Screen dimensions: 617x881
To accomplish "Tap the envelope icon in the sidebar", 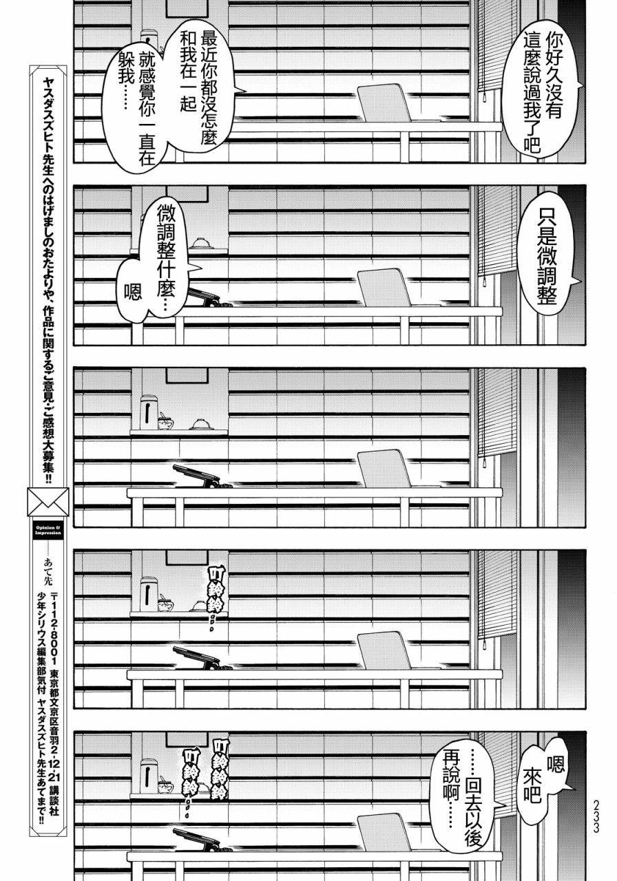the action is pyautogui.click(x=48, y=502).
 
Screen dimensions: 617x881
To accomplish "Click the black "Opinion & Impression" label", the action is pyautogui.click(x=48, y=530).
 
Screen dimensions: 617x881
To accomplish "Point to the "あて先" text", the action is pyautogui.click(x=48, y=569).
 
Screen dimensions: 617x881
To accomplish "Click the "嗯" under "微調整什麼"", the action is pyautogui.click(x=133, y=292).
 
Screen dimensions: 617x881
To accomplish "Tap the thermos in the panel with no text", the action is pyautogui.click(x=149, y=412).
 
